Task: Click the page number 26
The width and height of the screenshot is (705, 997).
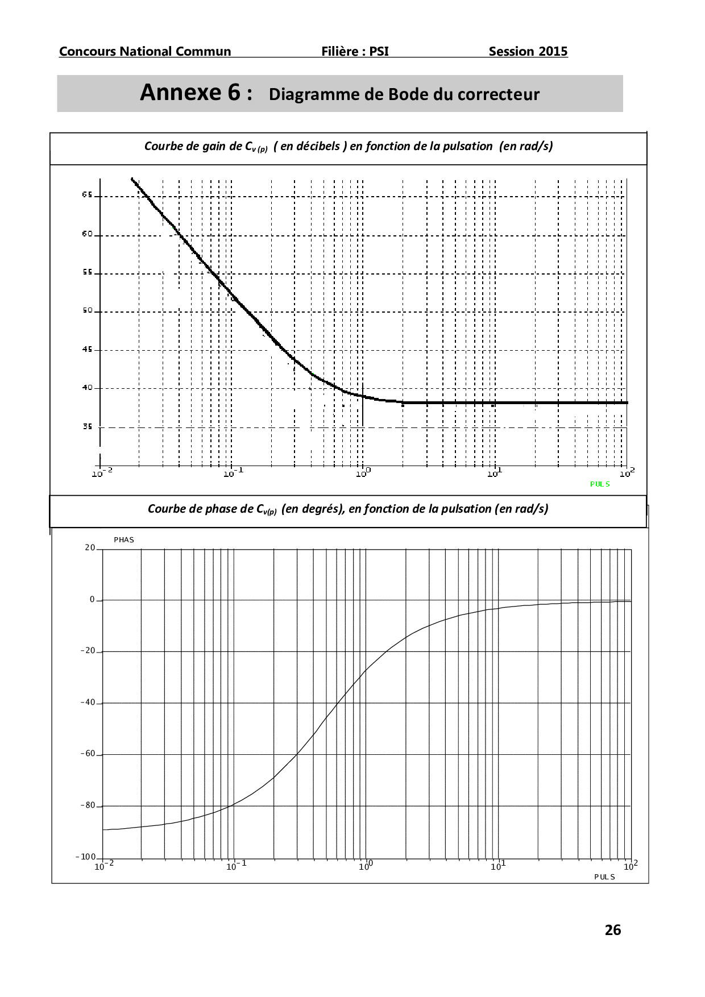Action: tap(612, 930)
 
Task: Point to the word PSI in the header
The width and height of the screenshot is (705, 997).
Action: tap(379, 51)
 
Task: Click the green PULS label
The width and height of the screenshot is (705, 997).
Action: tap(600, 484)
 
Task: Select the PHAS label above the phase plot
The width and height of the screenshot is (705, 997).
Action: tap(124, 539)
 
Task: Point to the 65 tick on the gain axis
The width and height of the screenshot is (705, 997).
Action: tap(87, 195)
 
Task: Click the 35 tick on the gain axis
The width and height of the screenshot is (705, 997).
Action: tap(87, 426)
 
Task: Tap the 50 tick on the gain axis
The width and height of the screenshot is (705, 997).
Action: tap(87, 310)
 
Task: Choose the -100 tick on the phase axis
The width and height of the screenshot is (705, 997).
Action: tap(85, 857)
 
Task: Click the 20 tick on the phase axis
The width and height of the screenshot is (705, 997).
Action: tap(90, 547)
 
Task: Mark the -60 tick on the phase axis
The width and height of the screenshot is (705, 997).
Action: tap(88, 754)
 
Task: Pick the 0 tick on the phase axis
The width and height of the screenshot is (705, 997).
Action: tap(92, 600)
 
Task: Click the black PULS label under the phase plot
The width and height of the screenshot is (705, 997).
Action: tap(604, 876)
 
